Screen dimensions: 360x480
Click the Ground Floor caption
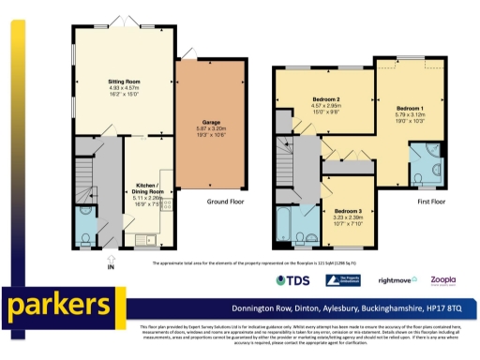pos(228,200)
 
